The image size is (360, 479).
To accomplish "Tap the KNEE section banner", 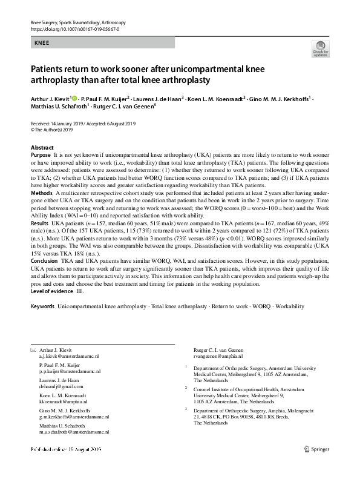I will click(42, 44).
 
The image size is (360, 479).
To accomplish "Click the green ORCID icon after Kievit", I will click(74, 97).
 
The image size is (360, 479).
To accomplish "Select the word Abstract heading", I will click(42, 148).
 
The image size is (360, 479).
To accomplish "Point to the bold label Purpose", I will click(41, 155).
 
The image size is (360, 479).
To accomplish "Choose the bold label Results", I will click(40, 223).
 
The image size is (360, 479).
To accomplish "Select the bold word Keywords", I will click(43, 308).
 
